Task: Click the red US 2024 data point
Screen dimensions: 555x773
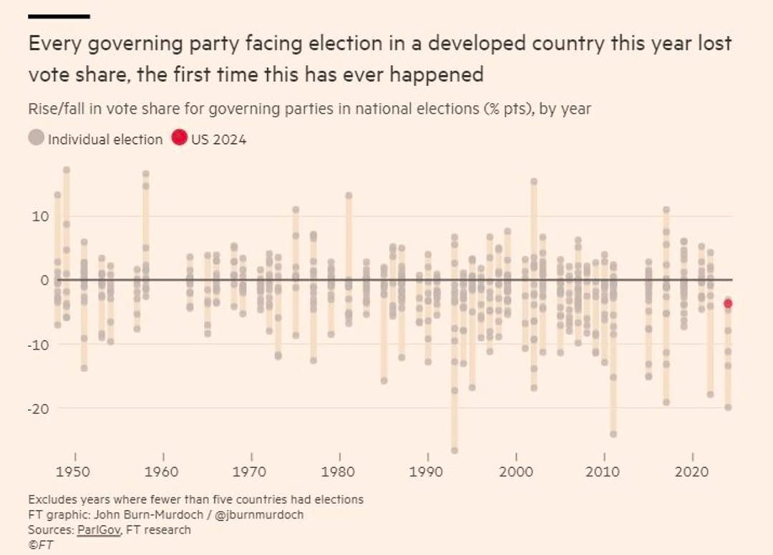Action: tap(728, 303)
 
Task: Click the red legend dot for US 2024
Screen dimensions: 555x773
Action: tap(179, 138)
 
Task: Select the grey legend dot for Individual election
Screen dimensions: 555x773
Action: tap(37, 138)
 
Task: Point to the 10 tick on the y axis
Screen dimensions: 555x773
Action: tap(40, 216)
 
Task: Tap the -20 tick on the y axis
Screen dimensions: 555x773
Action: tap(38, 408)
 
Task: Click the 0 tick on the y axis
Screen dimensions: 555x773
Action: tap(44, 280)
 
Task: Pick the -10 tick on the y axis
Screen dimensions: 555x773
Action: tap(38, 344)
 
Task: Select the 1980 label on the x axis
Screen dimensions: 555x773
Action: tap(339, 472)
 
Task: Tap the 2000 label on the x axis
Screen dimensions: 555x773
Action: tap(515, 472)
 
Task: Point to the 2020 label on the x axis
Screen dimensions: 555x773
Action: tap(692, 472)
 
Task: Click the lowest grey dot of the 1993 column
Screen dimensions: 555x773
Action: tap(454, 451)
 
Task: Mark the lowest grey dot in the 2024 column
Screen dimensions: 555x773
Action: tap(728, 407)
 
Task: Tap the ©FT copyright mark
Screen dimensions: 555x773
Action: tap(41, 544)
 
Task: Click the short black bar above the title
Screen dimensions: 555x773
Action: tap(59, 16)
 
